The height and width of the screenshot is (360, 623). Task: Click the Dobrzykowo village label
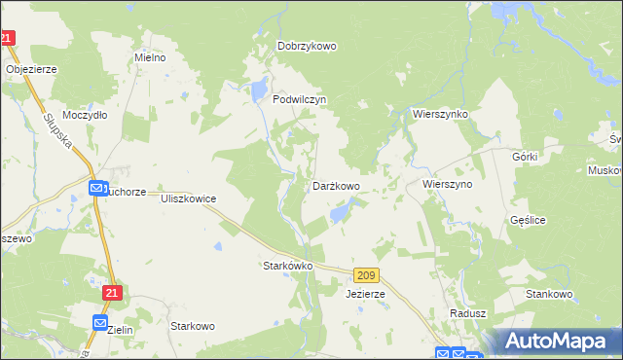307,46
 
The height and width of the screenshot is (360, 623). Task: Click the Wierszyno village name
447,183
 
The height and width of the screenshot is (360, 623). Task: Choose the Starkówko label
287,265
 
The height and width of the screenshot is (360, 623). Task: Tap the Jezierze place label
365,293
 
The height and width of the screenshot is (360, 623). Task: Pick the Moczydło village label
84,114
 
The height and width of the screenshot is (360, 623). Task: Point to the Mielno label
150,57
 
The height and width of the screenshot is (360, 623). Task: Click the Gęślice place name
527,220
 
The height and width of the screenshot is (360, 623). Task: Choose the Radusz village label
467,313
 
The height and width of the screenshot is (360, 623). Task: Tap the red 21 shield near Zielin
112,292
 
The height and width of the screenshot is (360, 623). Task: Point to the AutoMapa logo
561,341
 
